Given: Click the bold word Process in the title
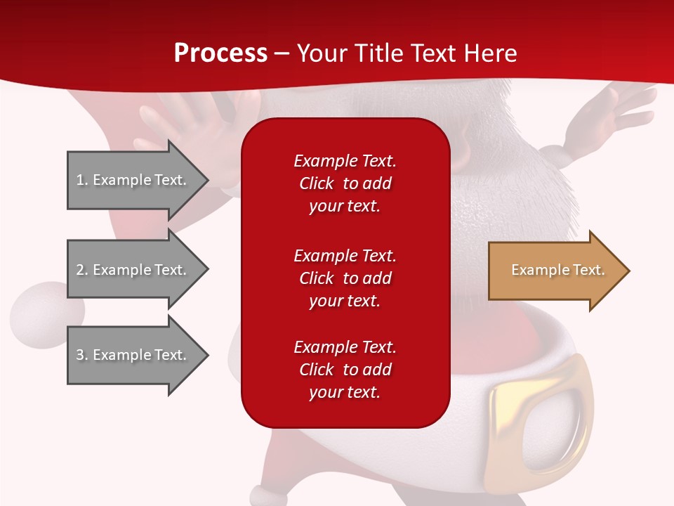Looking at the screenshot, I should click(x=220, y=53).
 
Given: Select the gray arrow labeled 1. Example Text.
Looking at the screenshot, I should click(x=133, y=180).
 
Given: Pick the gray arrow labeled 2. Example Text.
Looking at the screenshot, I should click(x=133, y=270).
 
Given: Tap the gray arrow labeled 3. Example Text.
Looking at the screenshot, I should click(x=133, y=355).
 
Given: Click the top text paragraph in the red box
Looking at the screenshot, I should click(x=345, y=183).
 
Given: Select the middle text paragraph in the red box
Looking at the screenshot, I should click(x=345, y=278).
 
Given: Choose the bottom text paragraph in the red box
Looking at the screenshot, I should click(x=345, y=370).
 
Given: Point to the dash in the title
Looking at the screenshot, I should click(x=282, y=54).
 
